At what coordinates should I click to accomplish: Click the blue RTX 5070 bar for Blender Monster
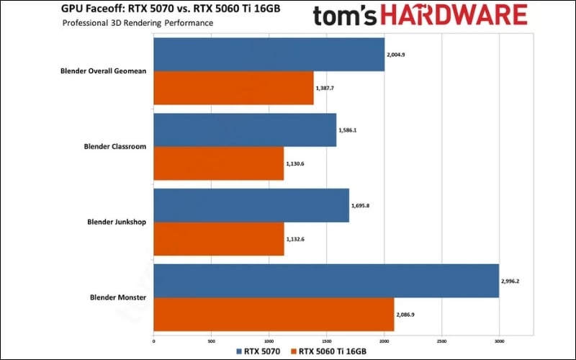point(326,281)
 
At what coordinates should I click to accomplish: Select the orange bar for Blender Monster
point(274,315)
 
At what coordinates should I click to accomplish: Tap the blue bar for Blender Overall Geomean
point(269,54)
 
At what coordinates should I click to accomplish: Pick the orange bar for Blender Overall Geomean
point(233,89)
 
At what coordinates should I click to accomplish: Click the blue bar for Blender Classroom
point(245,130)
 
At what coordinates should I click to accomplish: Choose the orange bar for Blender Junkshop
point(219,240)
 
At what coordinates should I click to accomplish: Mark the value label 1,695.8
point(361,206)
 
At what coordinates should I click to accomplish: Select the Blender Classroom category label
point(115,147)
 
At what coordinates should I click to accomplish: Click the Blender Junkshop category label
point(115,222)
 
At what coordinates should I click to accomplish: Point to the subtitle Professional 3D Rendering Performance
point(138,23)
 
